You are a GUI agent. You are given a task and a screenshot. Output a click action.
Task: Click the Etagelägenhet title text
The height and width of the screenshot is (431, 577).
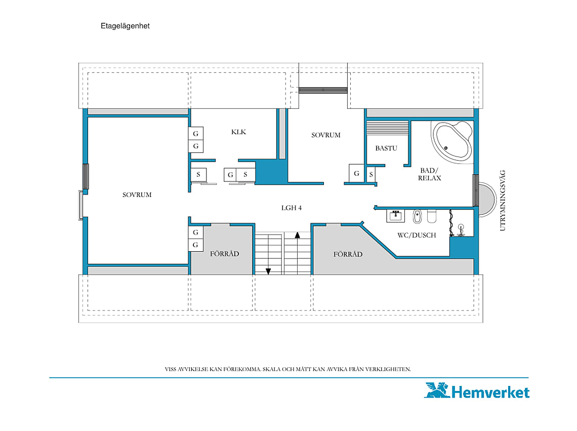click(x=125, y=26)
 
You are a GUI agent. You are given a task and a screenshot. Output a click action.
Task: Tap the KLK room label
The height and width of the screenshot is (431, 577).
click(x=238, y=132)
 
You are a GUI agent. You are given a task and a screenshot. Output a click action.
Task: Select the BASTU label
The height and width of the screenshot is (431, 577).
click(x=386, y=148)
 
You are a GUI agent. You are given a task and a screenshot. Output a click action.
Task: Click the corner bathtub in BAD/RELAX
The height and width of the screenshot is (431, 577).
click(x=452, y=142)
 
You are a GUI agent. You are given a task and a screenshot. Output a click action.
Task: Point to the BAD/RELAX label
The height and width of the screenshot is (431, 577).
click(x=429, y=174)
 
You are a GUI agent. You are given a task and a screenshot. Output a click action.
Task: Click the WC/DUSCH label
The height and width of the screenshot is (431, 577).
click(x=417, y=235)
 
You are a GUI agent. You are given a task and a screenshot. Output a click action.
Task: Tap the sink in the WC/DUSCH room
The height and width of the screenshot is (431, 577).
click(x=396, y=216)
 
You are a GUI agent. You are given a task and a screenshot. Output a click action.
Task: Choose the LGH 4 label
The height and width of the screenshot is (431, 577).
click(x=292, y=208)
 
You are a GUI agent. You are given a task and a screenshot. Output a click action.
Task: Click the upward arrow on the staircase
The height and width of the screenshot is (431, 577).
click(x=297, y=235)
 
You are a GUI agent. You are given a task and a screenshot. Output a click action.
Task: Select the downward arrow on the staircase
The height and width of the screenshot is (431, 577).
click(x=268, y=271)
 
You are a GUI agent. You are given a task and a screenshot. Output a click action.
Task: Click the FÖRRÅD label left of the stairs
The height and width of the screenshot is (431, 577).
click(x=224, y=253)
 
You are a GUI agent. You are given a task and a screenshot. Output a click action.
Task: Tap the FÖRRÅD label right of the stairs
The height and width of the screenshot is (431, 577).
click(x=348, y=254)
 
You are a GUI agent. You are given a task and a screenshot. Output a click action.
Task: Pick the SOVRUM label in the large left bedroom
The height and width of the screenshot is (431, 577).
click(x=137, y=194)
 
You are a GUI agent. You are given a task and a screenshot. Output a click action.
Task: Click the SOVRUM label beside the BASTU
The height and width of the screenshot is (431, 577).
click(x=325, y=135)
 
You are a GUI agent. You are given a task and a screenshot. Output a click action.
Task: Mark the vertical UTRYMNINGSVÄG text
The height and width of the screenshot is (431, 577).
click(x=503, y=201)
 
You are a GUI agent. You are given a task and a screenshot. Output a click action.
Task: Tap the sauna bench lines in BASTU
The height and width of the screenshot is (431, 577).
click(x=388, y=128)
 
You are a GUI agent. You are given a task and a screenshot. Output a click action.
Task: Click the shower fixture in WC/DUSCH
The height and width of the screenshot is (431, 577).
click(x=461, y=230)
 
